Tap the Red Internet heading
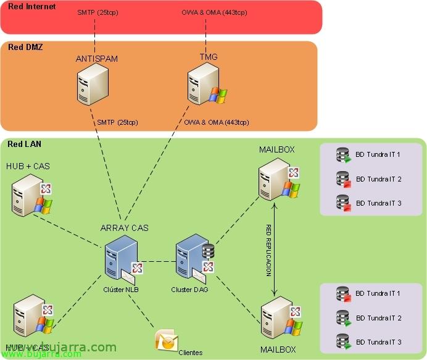coord(31,7)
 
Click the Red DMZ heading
coord(25,48)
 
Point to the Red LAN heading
coord(25,144)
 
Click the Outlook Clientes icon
coord(164,340)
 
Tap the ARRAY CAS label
coord(125,228)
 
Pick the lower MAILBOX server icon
coord(276,318)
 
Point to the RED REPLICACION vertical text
coord(268,250)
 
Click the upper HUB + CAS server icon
coord(28,195)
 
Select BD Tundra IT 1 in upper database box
coord(378,154)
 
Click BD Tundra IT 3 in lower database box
coord(378,342)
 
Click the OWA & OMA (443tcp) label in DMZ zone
coord(216,122)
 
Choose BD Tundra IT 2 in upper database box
coord(378,179)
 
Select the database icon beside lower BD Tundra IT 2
coord(343,318)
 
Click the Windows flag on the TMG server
coord(218,95)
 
